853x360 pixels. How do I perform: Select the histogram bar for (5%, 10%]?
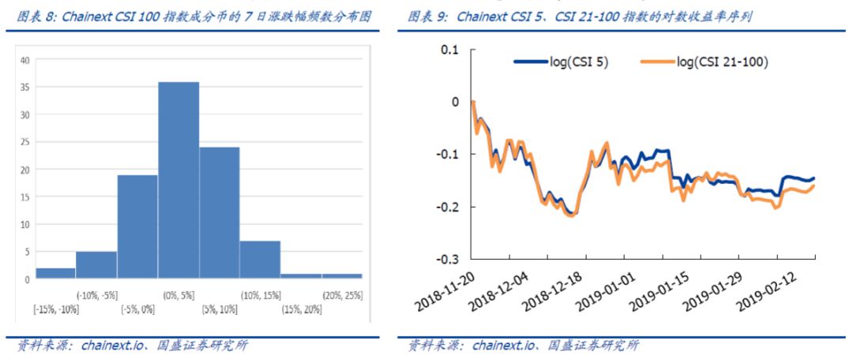click(219, 212)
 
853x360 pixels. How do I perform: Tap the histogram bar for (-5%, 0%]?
click(137, 227)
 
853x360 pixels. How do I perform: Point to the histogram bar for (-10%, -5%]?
click(96, 264)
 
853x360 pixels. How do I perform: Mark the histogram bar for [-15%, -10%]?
click(55, 272)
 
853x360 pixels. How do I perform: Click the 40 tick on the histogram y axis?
click(25, 60)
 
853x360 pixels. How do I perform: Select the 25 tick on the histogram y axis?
click(25, 142)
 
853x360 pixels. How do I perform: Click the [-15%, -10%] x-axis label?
click(56, 309)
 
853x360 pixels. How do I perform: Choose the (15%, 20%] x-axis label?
click(301, 309)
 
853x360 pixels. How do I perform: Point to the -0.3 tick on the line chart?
click(448, 259)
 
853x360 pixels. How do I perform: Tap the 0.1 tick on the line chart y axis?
click(449, 50)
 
